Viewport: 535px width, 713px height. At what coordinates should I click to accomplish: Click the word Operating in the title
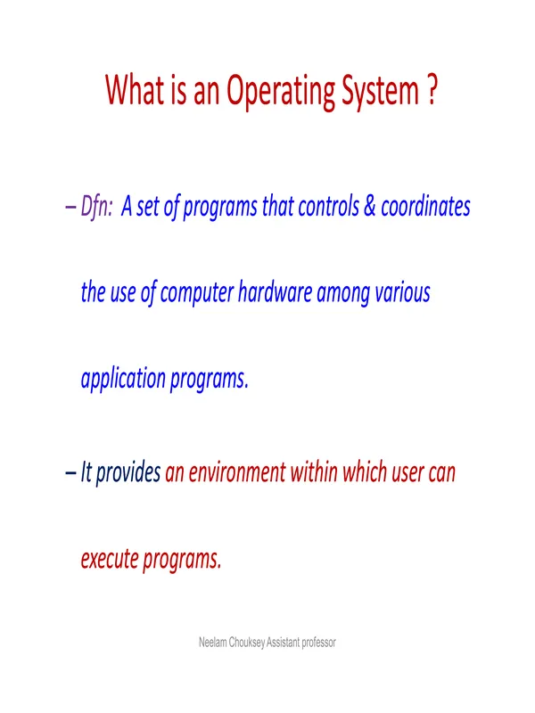pyautogui.click(x=281, y=92)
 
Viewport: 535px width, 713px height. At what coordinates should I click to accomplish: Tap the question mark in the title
pyautogui.click(x=432, y=90)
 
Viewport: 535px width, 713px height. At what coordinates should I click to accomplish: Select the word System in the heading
pyautogui.click(x=381, y=92)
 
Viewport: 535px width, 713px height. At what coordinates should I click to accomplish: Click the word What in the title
pyautogui.click(x=136, y=89)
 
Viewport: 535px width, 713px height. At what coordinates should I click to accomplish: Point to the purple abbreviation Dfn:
pyautogui.click(x=96, y=206)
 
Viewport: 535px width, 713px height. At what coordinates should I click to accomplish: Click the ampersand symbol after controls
pyautogui.click(x=369, y=206)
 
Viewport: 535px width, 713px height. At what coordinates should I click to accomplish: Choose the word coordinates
pyautogui.click(x=425, y=206)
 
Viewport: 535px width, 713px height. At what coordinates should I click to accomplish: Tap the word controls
pyautogui.click(x=328, y=206)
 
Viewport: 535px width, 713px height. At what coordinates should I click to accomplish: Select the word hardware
pyautogui.click(x=275, y=292)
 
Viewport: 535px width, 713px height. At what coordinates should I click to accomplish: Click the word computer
pyautogui.click(x=197, y=293)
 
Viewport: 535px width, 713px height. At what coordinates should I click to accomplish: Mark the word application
pyautogui.click(x=123, y=380)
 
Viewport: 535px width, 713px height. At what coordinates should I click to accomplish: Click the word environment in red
pyautogui.click(x=237, y=472)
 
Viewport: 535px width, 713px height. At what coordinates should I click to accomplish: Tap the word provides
pyautogui.click(x=128, y=473)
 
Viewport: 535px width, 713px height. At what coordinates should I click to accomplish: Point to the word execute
pyautogui.click(x=110, y=559)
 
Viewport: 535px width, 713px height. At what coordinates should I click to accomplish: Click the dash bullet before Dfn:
pyautogui.click(x=70, y=208)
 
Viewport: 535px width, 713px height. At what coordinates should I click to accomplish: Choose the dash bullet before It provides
pyautogui.click(x=70, y=473)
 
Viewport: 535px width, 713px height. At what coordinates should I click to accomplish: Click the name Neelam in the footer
pyautogui.click(x=213, y=642)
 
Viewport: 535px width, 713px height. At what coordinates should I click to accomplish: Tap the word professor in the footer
pyautogui.click(x=319, y=643)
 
